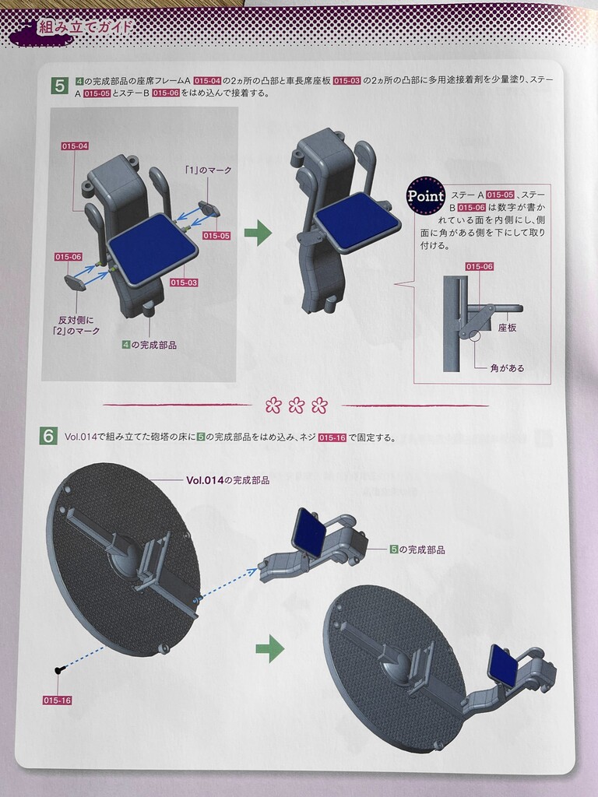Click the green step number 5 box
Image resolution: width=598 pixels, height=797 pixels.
point(59,86)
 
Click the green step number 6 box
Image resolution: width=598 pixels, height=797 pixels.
point(48,437)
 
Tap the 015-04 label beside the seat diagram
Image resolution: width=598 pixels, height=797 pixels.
point(75,146)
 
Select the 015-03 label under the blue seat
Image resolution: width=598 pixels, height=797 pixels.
point(184,283)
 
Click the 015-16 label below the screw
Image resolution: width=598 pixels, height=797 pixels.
point(57,700)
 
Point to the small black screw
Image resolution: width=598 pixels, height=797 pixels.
point(59,670)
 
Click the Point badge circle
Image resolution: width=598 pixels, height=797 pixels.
point(426,195)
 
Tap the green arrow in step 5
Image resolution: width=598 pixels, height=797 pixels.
point(259,233)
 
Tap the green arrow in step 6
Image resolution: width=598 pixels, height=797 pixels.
point(270,648)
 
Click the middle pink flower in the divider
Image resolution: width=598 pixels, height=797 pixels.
point(297,406)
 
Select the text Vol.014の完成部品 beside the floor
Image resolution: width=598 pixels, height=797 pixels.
point(228,480)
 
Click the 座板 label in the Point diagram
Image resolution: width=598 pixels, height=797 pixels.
point(507,328)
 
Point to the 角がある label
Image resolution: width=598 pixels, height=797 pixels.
point(507,368)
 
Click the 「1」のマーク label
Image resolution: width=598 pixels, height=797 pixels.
point(208,170)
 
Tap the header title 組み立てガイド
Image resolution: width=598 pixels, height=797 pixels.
point(85,26)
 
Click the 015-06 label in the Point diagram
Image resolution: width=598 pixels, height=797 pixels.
point(480,267)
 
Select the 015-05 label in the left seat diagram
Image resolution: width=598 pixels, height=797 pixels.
point(216,236)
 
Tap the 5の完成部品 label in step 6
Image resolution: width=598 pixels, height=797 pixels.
point(417,549)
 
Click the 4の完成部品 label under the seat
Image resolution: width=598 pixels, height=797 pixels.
point(149,345)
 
